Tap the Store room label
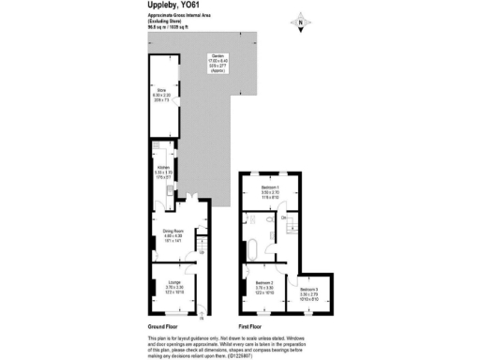pos(161,90)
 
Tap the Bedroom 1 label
pos(272,188)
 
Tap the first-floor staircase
pos(293,228)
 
